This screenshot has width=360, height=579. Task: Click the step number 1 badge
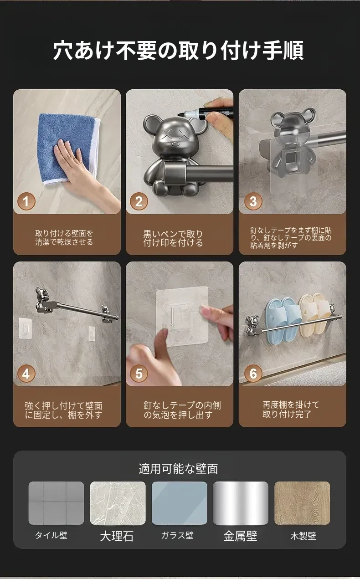tap(26, 201)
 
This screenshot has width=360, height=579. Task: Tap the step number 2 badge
tap(139, 201)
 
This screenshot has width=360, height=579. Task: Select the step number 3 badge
tap(253, 201)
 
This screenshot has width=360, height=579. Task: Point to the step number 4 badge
tap(26, 374)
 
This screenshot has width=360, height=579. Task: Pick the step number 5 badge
tap(139, 374)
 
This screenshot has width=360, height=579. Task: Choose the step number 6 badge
tap(253, 374)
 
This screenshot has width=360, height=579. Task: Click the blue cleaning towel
tap(68, 149)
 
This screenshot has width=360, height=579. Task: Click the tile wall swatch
tap(56, 503)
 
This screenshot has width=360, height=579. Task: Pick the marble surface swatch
tap(118, 503)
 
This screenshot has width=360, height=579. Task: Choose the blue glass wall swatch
tap(179, 503)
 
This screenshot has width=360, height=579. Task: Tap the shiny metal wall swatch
tap(241, 503)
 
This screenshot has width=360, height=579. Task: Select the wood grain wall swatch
tap(302, 503)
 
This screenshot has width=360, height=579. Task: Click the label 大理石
tap(117, 536)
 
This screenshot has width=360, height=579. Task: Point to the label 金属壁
tap(240, 536)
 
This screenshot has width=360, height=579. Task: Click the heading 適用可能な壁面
tap(178, 469)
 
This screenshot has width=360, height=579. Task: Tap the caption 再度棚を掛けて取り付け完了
tap(291, 410)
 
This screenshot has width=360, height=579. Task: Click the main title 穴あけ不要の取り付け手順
tap(178, 50)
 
